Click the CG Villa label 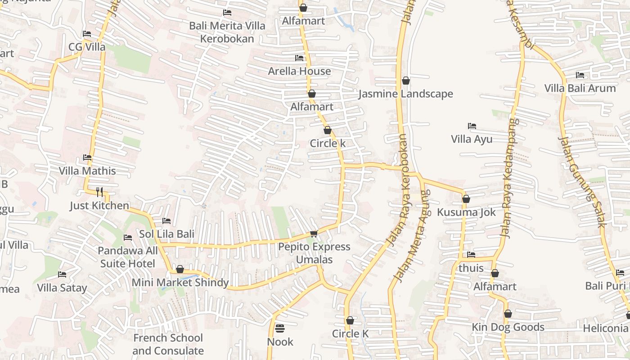87,47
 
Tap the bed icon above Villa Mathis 87,157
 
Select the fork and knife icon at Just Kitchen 99,192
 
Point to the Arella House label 299,71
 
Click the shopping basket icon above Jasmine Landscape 406,81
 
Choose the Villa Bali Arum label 580,88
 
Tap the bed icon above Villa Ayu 472,126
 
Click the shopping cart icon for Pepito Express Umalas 314,234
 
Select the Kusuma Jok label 466,212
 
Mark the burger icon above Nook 280,328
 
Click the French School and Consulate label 168,344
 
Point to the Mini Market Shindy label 180,283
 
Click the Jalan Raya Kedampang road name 509,178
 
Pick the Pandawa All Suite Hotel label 128,257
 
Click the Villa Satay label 62,288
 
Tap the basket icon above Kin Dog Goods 508,314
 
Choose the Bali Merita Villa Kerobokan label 227,32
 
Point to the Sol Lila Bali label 166,234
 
